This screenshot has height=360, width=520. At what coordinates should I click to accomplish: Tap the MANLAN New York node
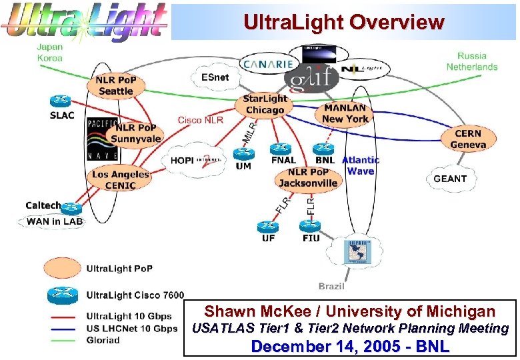(345, 114)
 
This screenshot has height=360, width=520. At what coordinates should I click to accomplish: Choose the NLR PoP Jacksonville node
(307, 177)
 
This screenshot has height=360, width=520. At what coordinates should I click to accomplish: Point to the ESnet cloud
(215, 78)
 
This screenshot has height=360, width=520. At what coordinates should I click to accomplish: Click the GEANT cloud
(450, 179)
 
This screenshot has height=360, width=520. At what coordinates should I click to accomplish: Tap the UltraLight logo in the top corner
(85, 21)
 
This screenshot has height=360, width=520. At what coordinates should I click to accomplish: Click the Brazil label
(331, 286)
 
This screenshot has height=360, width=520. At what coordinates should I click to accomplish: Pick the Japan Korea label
(50, 53)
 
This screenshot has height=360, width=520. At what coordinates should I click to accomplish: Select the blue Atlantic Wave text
(361, 165)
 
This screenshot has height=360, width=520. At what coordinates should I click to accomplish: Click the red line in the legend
(63, 317)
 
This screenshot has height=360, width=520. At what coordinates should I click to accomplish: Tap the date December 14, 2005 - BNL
(349, 346)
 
